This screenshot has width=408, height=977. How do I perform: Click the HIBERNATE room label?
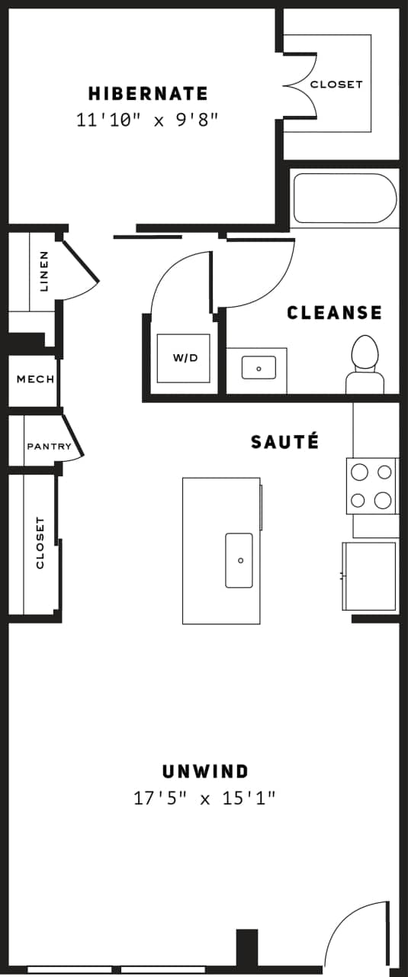click(148, 94)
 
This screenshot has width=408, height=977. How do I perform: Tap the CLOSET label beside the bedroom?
click(336, 84)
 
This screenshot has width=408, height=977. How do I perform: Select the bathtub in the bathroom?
click(345, 198)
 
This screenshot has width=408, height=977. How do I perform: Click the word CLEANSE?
click(334, 312)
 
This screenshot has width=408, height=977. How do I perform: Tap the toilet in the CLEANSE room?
click(365, 363)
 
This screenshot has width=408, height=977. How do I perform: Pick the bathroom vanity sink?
click(259, 368)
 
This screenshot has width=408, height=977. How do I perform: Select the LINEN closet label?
click(43, 272)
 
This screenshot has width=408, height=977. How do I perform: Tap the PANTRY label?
click(49, 447)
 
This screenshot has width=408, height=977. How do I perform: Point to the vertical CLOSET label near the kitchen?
click(40, 543)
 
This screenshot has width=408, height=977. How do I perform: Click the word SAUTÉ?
click(284, 441)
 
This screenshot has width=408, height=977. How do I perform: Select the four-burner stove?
click(371, 486)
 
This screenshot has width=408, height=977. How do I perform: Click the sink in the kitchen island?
click(239, 560)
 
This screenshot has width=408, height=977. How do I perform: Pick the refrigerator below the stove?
click(369, 576)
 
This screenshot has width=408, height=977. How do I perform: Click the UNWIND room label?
click(205, 771)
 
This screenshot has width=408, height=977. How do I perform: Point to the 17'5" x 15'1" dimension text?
click(204, 798)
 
